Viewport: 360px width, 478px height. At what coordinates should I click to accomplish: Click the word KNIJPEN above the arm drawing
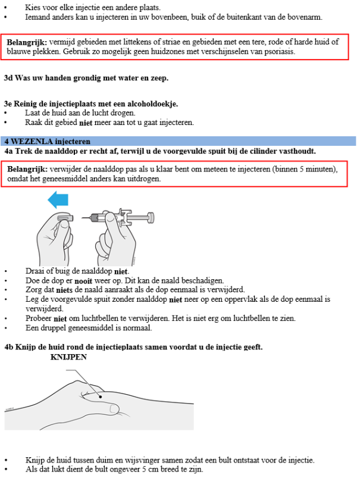pos(68,357)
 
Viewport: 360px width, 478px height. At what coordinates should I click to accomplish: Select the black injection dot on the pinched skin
pos(101,396)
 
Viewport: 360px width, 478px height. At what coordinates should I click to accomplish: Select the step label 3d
pos(8,78)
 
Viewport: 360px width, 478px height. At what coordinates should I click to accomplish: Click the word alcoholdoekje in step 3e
pos(152,104)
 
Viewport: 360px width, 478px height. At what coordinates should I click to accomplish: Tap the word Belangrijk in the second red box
pos(27,169)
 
